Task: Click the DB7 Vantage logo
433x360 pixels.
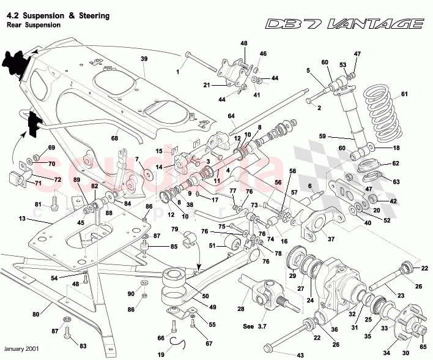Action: (x=344, y=24)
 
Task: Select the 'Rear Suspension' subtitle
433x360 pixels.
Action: (x=34, y=25)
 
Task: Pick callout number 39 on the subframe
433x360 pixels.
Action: (x=144, y=59)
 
